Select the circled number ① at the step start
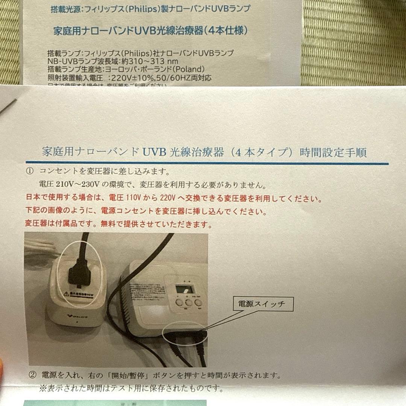(x=30, y=171)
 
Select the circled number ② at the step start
(x=33, y=375)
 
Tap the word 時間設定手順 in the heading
(x=333, y=153)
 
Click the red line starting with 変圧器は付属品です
(x=118, y=225)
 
